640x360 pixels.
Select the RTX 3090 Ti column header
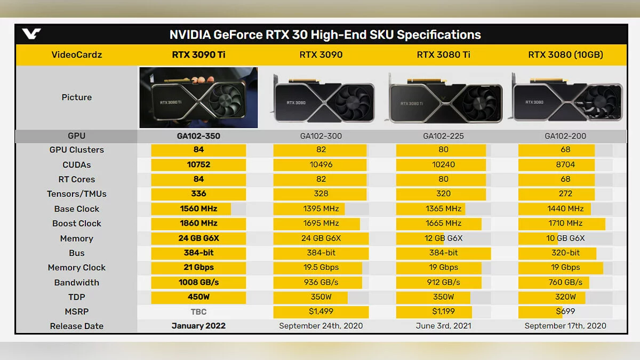click(198, 54)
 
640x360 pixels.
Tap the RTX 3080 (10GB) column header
click(565, 54)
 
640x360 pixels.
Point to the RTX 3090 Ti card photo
click(198, 98)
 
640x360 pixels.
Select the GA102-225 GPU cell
click(443, 136)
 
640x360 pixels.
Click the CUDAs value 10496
click(321, 165)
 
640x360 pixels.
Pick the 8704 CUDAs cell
click(565, 165)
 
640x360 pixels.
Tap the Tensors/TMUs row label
click(77, 194)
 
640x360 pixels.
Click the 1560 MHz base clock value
click(198, 209)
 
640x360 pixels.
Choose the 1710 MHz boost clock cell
click(565, 223)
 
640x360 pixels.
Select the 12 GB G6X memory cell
click(443, 238)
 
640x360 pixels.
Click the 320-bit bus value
click(565, 253)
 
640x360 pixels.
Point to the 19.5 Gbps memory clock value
click(321, 268)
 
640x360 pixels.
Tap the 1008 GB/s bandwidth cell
click(198, 283)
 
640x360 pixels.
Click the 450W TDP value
click(198, 297)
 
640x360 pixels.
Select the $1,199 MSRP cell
click(443, 311)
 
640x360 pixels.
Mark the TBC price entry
click(198, 311)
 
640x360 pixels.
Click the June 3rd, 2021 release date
click(443, 326)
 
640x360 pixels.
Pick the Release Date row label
click(77, 326)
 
